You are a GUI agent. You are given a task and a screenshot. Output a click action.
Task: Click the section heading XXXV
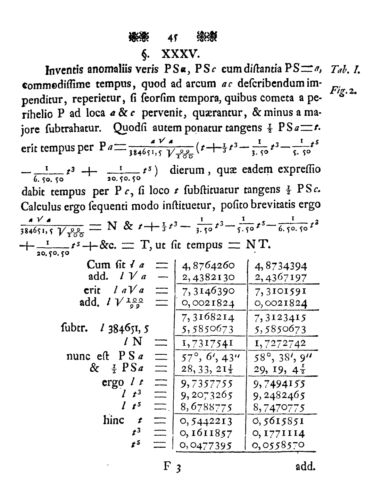(180, 55)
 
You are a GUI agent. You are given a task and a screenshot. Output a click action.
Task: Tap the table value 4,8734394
(281, 266)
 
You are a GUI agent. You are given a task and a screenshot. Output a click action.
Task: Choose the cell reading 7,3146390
(208, 290)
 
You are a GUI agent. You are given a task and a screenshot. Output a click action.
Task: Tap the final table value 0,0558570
(279, 445)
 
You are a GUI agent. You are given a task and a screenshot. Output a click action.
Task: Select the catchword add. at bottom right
(305, 467)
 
